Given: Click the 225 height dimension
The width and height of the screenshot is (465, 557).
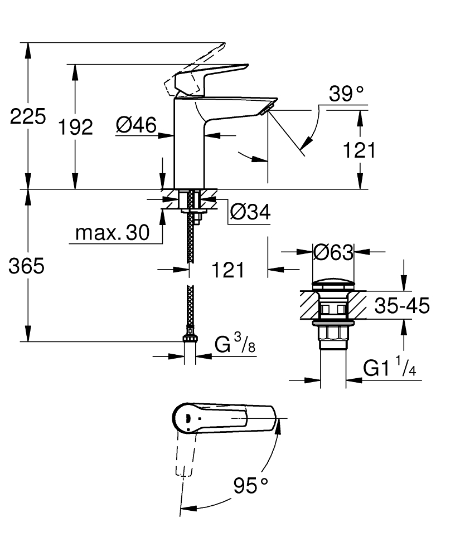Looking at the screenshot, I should (27, 117).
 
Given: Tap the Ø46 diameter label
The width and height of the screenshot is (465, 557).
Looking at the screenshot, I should (136, 126).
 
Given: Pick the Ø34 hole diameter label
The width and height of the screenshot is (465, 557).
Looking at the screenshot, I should (250, 212).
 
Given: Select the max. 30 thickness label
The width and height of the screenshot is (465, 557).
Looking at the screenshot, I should (113, 233).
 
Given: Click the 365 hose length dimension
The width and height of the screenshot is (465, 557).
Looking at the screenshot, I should (26, 267).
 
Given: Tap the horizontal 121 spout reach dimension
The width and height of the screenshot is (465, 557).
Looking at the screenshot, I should (228, 270).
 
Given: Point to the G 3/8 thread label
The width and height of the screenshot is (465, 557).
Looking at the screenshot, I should (235, 345).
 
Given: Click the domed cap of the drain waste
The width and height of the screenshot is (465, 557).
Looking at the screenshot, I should (333, 282).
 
